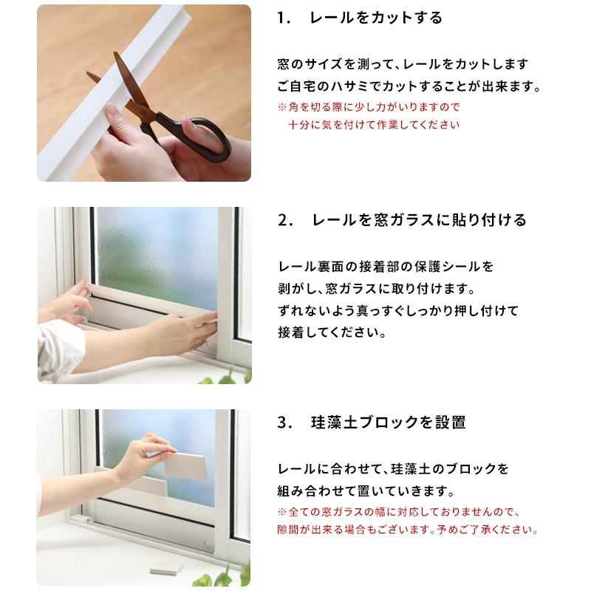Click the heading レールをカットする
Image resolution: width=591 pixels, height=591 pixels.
point(375,18)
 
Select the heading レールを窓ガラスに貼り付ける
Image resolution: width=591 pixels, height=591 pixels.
point(419,219)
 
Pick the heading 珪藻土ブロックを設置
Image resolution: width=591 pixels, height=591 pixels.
point(389,422)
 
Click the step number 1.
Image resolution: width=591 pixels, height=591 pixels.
point(283,18)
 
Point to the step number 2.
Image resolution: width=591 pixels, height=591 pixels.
point(285,220)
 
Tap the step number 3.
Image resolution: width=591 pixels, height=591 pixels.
point(284,423)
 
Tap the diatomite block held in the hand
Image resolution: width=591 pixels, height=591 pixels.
point(185,466)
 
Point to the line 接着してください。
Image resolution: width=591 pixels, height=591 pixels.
point(332,332)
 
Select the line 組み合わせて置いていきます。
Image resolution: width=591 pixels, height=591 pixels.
point(366,491)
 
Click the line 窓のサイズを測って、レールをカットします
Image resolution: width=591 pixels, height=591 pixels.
point(403,64)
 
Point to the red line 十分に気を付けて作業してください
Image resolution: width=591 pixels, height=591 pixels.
point(374,124)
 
